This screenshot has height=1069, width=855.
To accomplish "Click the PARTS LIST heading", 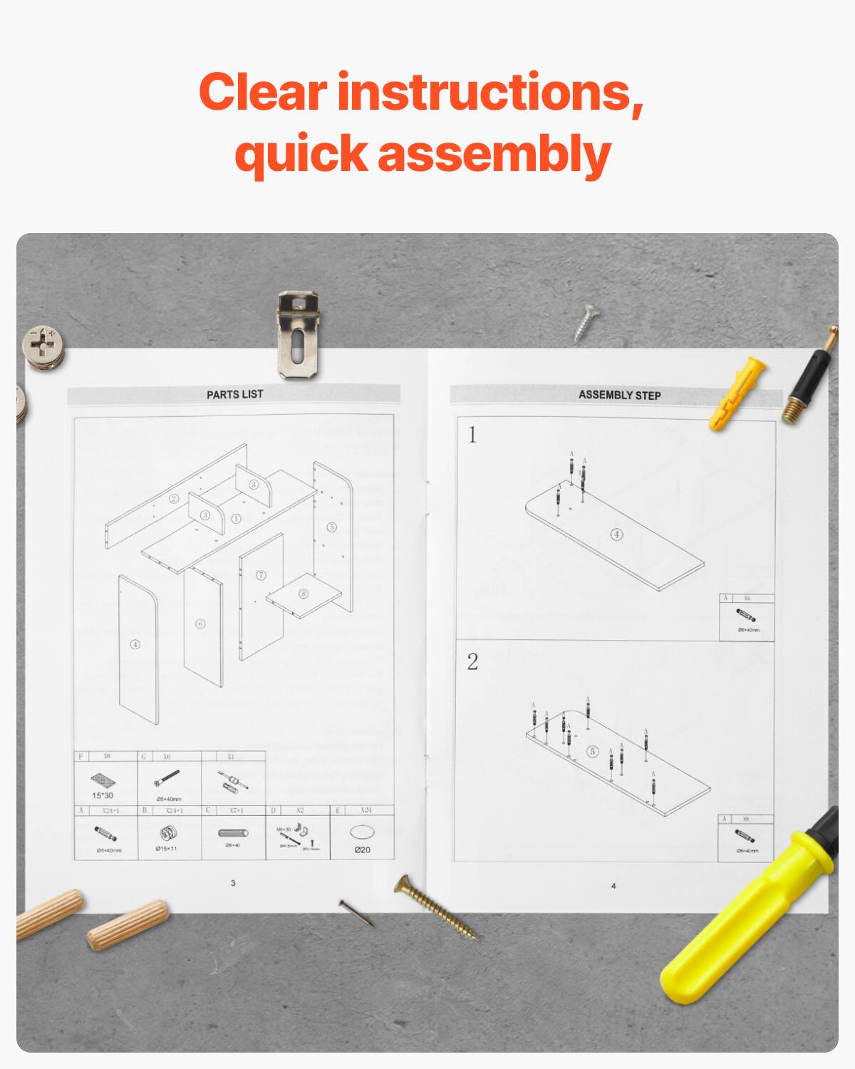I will click(234, 394).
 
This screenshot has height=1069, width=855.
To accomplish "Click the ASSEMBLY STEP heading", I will click(619, 395).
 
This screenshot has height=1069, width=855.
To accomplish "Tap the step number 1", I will click(472, 435).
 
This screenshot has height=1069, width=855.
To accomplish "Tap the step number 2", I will click(472, 662).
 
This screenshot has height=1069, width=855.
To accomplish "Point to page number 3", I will click(233, 884).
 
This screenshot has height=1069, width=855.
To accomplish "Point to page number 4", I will click(613, 886).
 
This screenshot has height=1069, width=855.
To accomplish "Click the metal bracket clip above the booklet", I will click(299, 335).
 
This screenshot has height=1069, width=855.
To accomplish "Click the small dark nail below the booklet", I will click(356, 913).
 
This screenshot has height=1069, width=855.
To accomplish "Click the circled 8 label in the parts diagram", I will click(304, 594).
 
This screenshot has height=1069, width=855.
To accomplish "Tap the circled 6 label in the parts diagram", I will click(200, 624).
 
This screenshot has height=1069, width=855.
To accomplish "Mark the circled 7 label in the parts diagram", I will click(261, 575).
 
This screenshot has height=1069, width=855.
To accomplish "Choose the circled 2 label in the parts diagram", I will click(173, 499).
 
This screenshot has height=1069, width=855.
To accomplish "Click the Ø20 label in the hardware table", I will click(362, 849).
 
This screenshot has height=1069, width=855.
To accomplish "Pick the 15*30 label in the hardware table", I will click(103, 795).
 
